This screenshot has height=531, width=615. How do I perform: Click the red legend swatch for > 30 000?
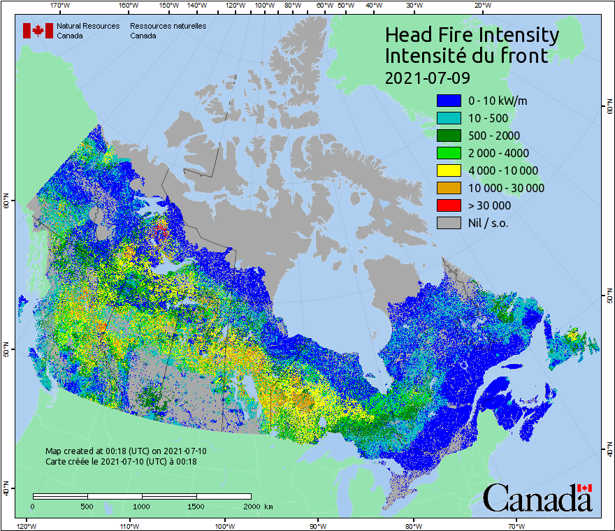(x=449, y=205)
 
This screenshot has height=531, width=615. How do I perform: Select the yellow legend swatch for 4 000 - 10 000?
(x=449, y=170)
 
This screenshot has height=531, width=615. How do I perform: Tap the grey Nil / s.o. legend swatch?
(x=449, y=223)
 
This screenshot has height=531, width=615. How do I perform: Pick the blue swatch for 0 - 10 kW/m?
(x=449, y=101)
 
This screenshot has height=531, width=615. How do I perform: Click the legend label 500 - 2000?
(x=493, y=136)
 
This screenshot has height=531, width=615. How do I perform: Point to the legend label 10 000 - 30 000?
(x=506, y=188)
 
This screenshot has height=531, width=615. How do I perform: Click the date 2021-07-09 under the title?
(x=427, y=76)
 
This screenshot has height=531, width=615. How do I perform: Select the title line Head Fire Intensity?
(x=472, y=35)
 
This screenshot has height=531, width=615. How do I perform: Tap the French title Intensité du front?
(x=467, y=56)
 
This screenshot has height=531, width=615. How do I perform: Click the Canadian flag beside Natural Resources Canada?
(x=38, y=31)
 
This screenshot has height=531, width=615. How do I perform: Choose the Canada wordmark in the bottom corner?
(x=537, y=498)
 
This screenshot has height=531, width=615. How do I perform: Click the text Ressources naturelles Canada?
(x=168, y=31)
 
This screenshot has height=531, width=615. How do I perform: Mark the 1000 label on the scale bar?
(x=142, y=506)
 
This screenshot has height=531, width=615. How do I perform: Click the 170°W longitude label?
(x=61, y=5)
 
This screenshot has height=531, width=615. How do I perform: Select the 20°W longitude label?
(x=481, y=5)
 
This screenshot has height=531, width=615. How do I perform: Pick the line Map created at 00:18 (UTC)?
(x=126, y=451)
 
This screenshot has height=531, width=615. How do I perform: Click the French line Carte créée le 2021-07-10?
(x=121, y=462)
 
